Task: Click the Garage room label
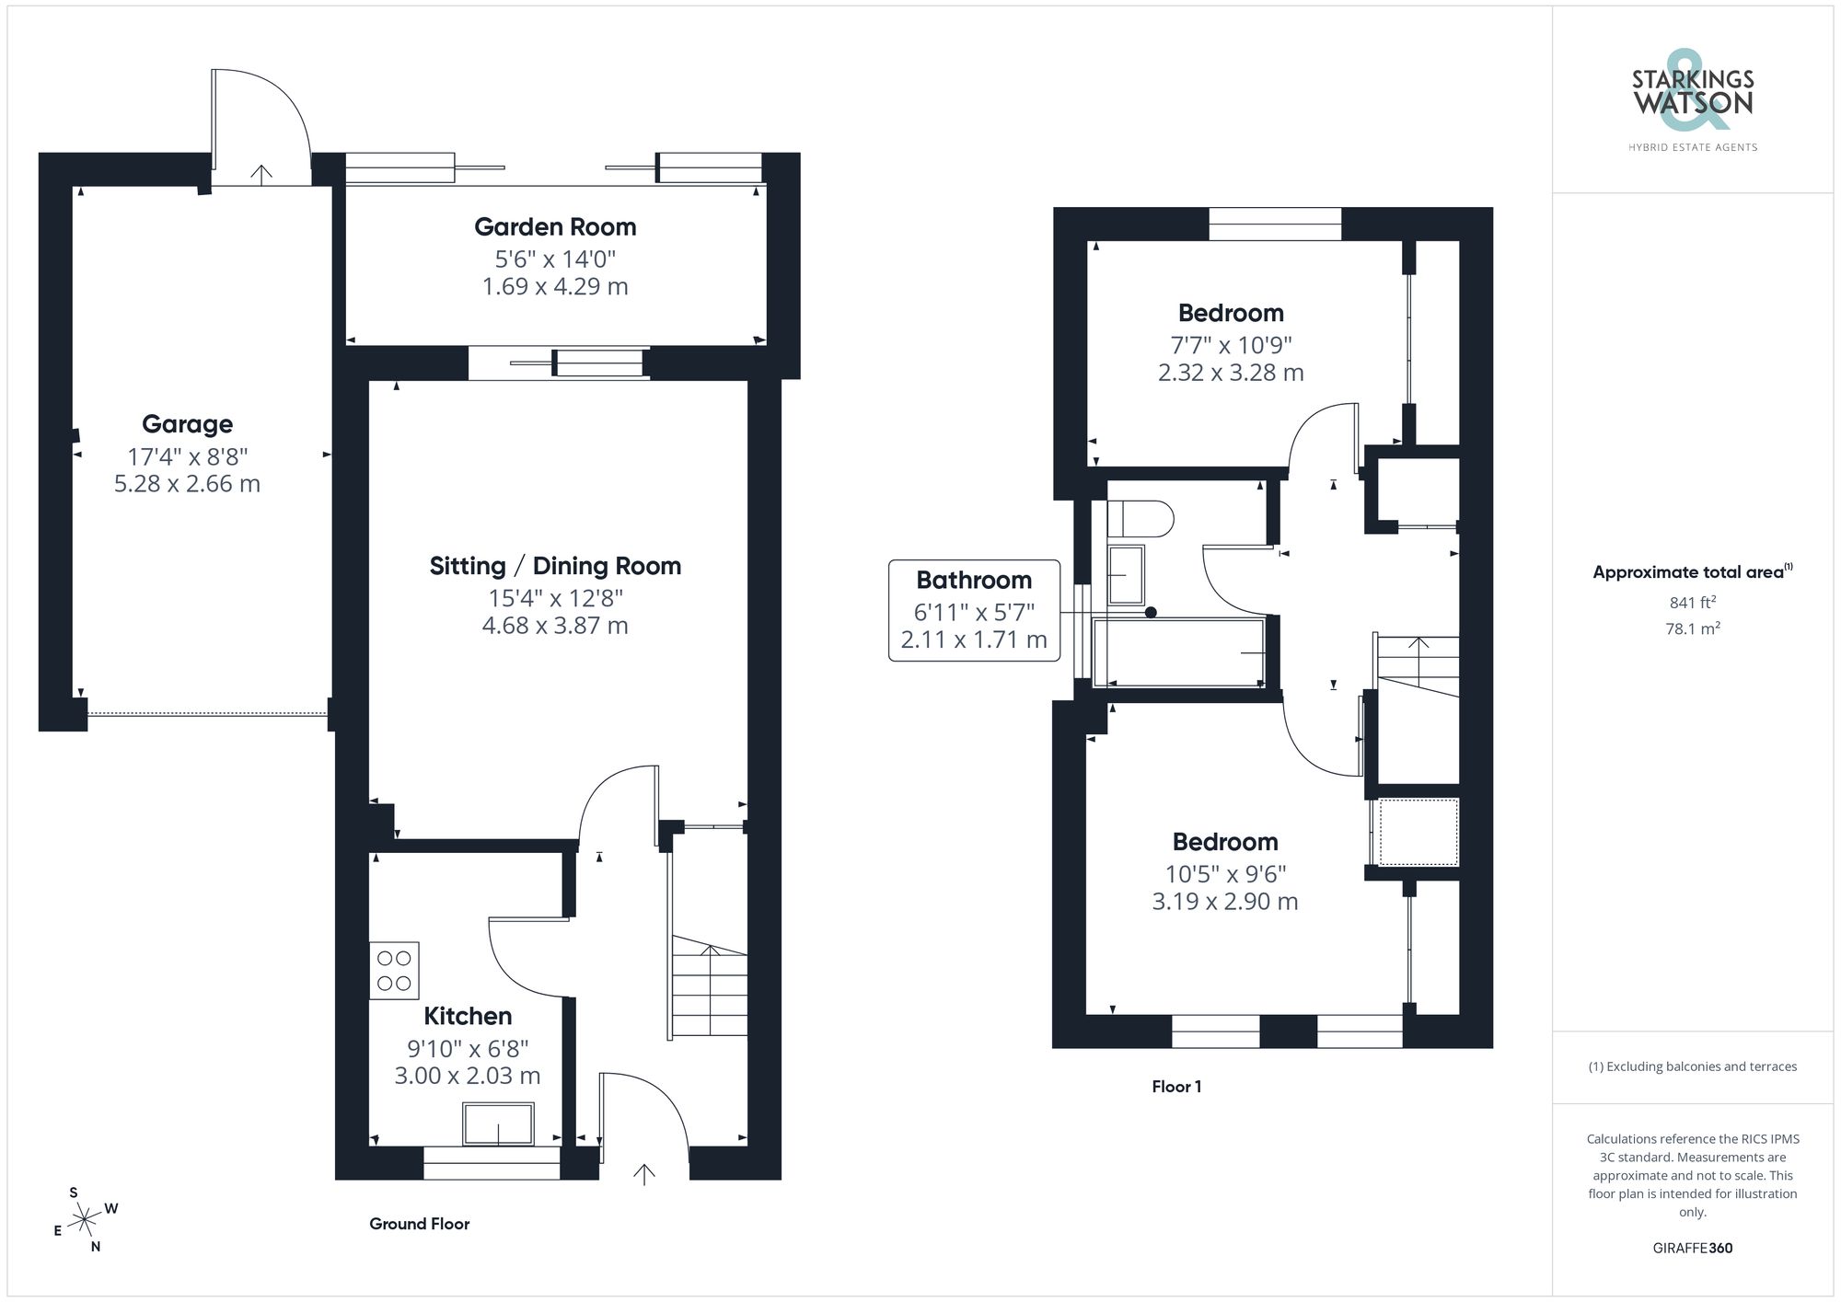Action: (x=187, y=424)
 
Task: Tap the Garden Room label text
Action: (x=555, y=227)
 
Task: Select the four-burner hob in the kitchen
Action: (x=394, y=971)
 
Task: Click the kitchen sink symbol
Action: (x=498, y=1123)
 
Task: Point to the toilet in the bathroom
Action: (x=1140, y=519)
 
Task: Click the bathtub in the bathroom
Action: (x=1178, y=652)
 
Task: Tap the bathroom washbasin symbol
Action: (x=1125, y=574)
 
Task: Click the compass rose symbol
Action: (x=86, y=1220)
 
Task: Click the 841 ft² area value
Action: (x=1692, y=603)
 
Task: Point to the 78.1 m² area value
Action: (x=1692, y=629)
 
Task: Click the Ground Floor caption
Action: (x=419, y=1224)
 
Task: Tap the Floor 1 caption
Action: (x=1175, y=1087)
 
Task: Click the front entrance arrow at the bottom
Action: (x=643, y=1173)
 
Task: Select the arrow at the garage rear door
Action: (x=261, y=174)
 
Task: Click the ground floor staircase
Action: (x=709, y=989)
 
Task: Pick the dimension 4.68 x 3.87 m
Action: (x=555, y=626)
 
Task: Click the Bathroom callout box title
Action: (x=974, y=581)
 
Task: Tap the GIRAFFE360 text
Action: (x=1692, y=1249)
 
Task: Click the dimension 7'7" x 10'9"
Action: (x=1231, y=345)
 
